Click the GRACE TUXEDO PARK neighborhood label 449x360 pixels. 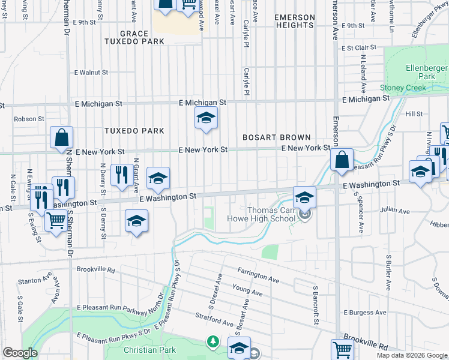[x=133, y=37]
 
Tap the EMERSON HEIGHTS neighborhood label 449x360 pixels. [x=294, y=22]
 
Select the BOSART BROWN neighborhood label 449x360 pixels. [x=276, y=137]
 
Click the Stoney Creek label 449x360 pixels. [x=403, y=88]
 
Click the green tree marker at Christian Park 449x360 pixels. [x=212, y=341]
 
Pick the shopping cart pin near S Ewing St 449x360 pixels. [x=56, y=221]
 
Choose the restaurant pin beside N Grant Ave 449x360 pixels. [x=122, y=175]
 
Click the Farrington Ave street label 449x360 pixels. [x=258, y=280]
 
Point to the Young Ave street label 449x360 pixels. [x=248, y=292]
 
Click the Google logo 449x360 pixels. [x=20, y=353]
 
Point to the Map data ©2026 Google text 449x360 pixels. [x=412, y=355]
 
